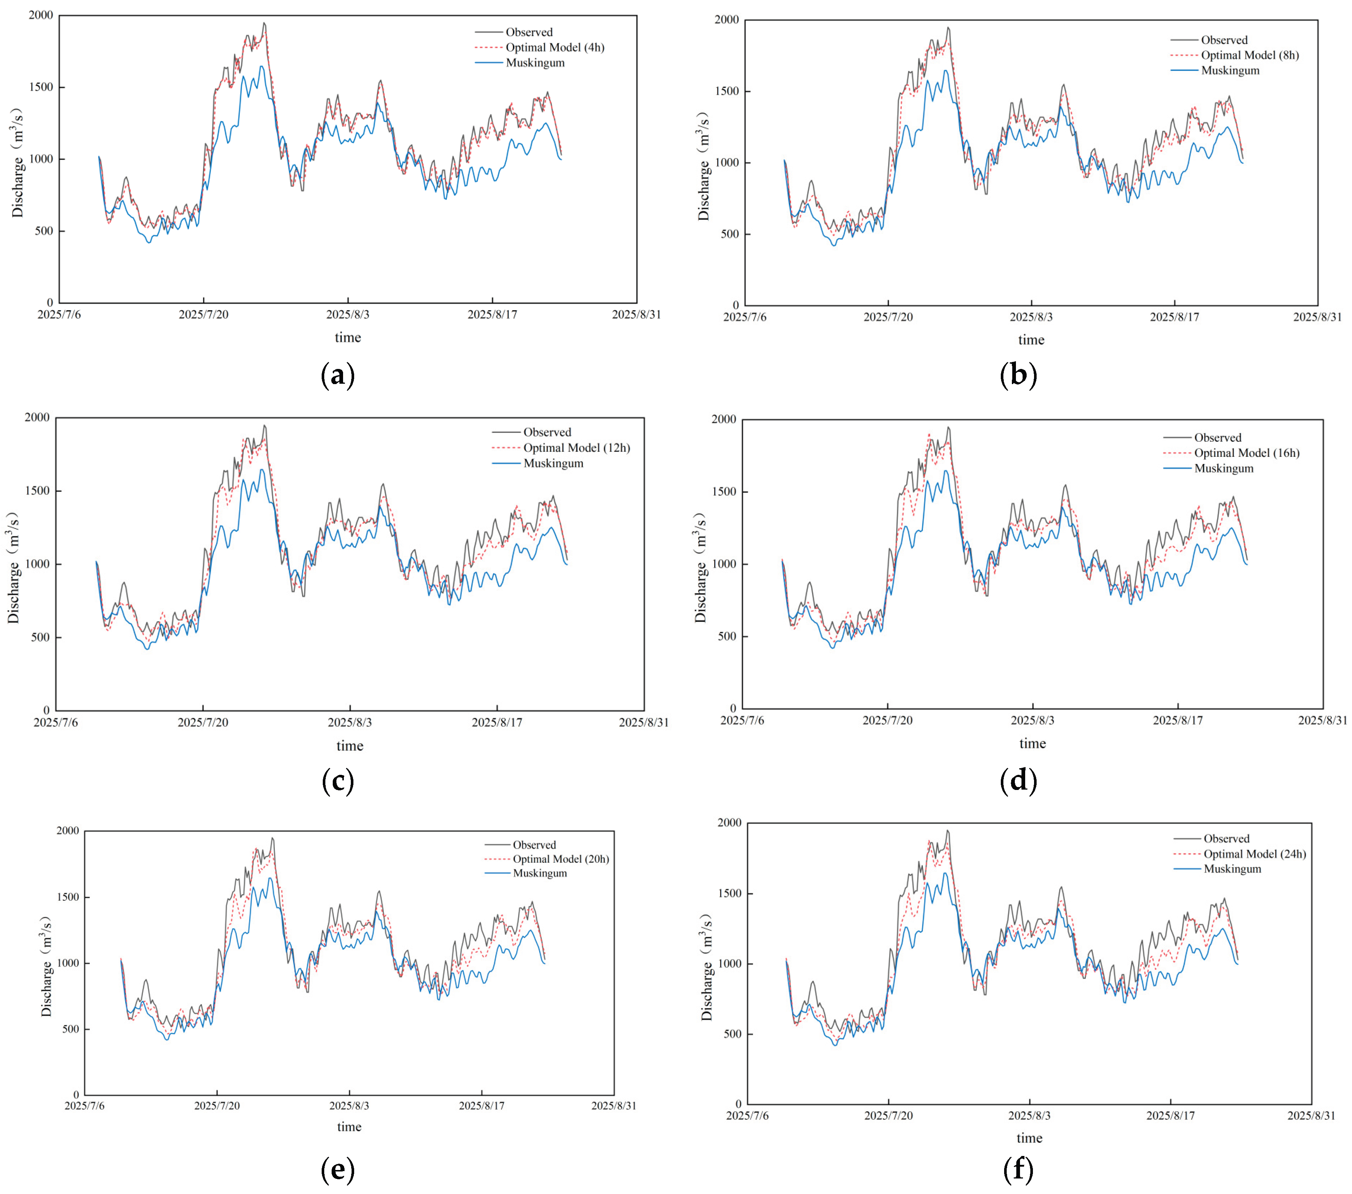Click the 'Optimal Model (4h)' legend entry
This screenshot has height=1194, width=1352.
554,48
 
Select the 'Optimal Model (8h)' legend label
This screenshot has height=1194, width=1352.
1249,55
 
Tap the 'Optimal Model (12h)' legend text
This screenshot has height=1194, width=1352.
576,448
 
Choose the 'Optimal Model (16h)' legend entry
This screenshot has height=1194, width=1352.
1246,453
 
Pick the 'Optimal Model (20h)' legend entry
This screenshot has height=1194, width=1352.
560,859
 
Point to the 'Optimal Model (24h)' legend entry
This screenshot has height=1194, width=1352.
1254,854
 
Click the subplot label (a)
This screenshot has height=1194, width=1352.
337,375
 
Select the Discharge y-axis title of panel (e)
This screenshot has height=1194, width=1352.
46,967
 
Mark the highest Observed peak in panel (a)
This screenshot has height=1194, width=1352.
264,24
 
